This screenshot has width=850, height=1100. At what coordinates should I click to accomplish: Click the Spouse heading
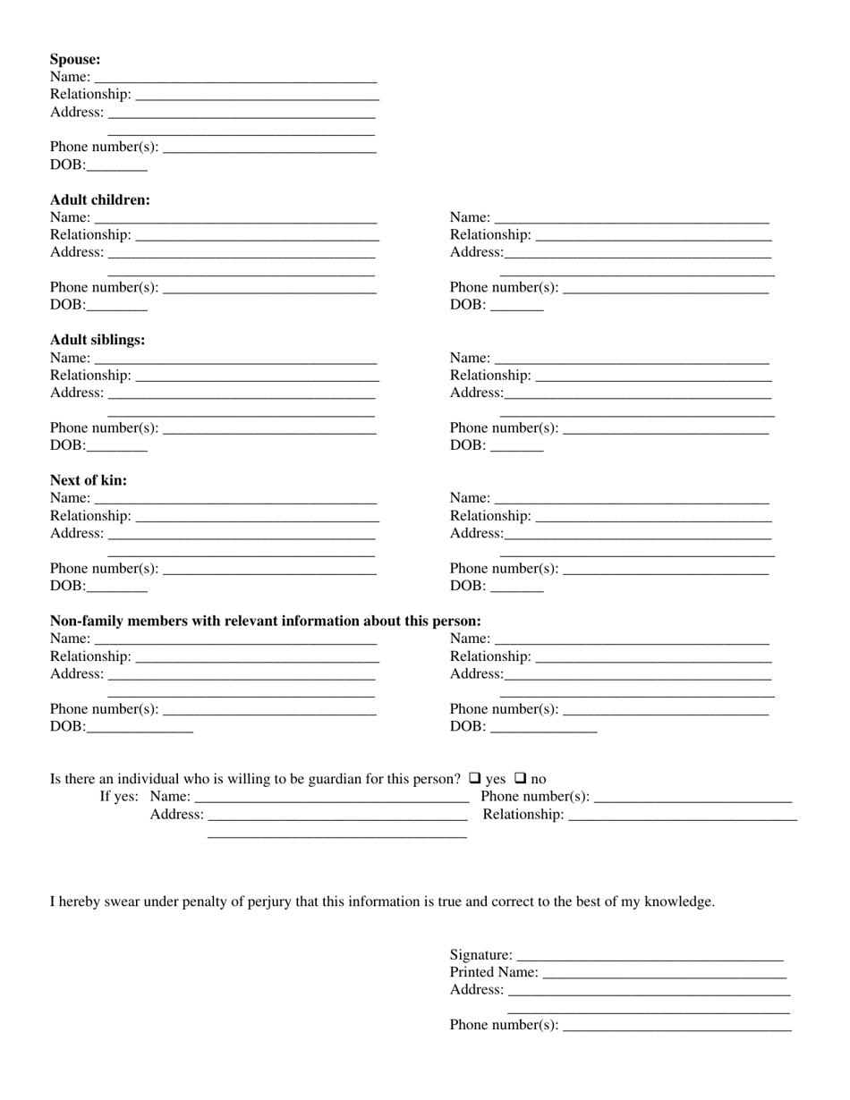tap(75, 60)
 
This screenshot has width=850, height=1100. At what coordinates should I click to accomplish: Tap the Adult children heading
tap(100, 200)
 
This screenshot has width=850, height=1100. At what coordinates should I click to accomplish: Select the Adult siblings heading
tap(98, 341)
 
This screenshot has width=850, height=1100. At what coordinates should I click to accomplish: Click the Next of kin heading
tap(89, 481)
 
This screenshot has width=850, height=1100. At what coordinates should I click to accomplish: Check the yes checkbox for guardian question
tap(475, 778)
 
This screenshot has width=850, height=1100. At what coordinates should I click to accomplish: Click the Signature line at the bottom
tap(650, 956)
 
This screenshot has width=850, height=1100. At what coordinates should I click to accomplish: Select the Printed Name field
tap(664, 973)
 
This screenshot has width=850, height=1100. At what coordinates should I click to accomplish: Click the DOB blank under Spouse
tap(117, 166)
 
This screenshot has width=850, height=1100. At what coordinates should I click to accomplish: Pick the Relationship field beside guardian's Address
tap(682, 816)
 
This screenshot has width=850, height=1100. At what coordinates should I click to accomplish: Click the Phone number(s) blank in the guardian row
tap(693, 798)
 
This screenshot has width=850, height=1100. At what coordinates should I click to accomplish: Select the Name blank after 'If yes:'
tap(331, 798)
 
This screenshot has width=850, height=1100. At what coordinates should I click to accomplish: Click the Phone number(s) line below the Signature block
tap(676, 1026)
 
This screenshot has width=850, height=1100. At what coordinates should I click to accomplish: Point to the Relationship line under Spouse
tap(258, 96)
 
